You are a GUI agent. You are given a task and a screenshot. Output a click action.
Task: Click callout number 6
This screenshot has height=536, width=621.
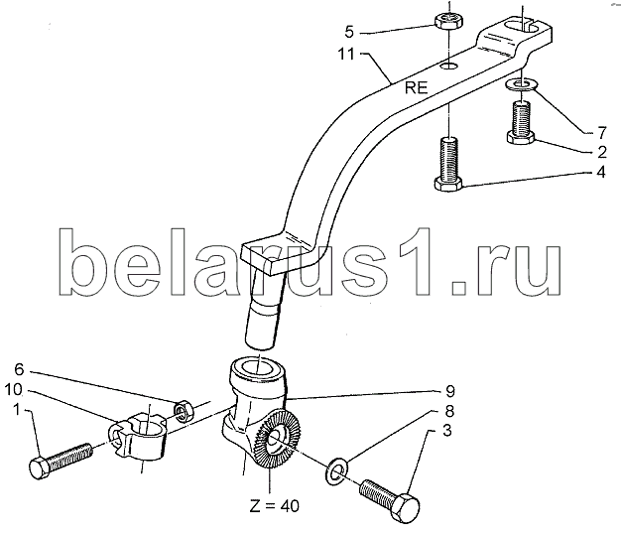click(x=21, y=370)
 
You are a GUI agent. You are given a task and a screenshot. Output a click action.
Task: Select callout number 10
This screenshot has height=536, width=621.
click(x=21, y=389)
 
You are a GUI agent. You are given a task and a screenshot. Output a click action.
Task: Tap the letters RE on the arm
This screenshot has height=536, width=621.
click(x=417, y=87)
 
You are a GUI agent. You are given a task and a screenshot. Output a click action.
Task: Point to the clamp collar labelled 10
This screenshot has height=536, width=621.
click(x=139, y=442)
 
